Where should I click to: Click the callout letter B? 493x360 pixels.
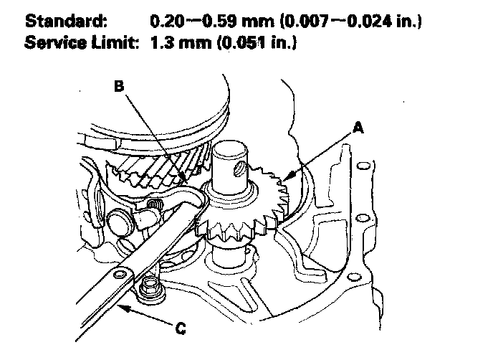[120, 86]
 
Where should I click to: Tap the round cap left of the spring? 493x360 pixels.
[121, 221]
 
